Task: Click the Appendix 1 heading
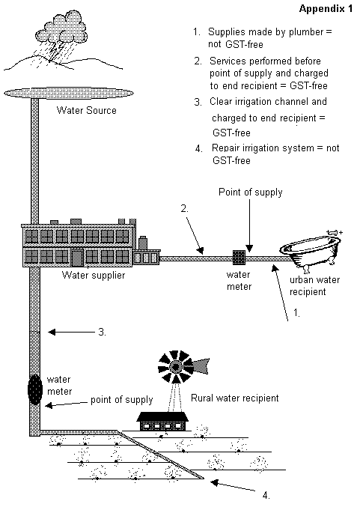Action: (x=326, y=9)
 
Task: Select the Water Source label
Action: (x=86, y=110)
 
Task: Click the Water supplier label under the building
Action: (x=94, y=275)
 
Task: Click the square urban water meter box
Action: (x=239, y=258)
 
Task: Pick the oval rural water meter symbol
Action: (x=35, y=389)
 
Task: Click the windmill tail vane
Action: (x=201, y=365)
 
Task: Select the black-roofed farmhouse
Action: (x=162, y=421)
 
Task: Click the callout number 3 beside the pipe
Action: (x=102, y=332)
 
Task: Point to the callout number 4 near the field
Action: (x=266, y=495)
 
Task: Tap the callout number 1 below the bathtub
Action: (x=296, y=312)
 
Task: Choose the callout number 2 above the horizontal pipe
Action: (x=185, y=208)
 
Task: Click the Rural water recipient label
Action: (x=234, y=398)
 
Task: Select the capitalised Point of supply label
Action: (x=250, y=192)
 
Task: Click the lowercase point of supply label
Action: (x=121, y=400)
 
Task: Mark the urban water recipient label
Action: (x=314, y=285)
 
